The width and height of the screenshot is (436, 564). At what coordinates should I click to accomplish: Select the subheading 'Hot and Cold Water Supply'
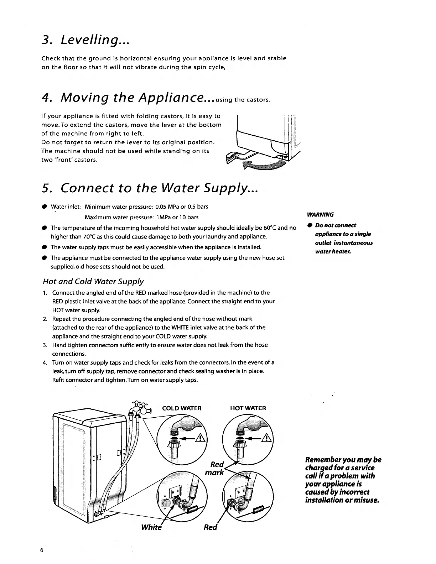click(x=93, y=282)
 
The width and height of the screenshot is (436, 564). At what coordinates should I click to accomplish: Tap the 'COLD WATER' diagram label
click(x=182, y=408)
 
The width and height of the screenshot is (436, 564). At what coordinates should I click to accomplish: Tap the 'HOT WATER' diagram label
click(x=248, y=408)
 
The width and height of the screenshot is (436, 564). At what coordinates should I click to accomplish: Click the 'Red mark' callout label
click(x=215, y=469)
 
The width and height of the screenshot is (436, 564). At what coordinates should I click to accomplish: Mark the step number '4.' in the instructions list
click(x=45, y=363)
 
